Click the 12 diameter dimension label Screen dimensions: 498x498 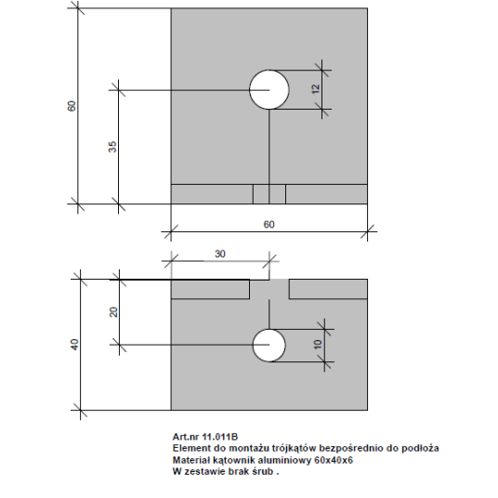(x=316, y=89)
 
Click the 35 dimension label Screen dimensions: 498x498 (x=112, y=147)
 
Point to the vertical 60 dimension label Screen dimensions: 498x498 (x=72, y=106)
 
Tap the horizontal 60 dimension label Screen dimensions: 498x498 (x=269, y=225)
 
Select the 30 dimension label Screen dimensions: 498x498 (x=220, y=254)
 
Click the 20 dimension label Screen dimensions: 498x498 (x=113, y=312)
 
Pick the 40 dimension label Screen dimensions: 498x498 (x=74, y=345)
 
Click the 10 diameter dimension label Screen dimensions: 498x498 (x=318, y=345)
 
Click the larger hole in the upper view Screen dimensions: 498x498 (x=269, y=89)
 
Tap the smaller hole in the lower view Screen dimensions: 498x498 (x=269, y=346)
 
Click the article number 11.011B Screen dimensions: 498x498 (x=220, y=437)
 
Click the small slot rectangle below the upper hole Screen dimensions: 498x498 (x=269, y=194)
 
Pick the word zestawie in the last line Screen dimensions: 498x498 (x=204, y=472)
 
